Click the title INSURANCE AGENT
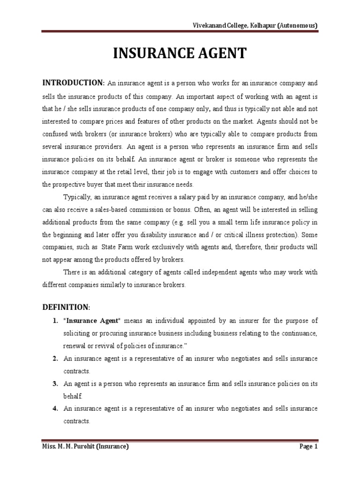click(x=180, y=54)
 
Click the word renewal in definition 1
click(x=74, y=345)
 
